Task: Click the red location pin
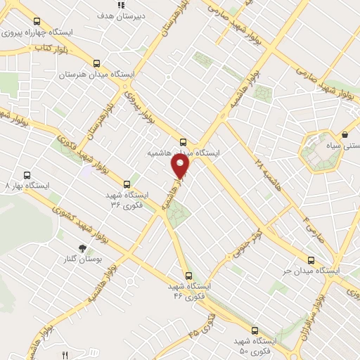click(181, 166)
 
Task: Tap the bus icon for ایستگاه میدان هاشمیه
click(184, 141)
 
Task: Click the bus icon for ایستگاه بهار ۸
click(27, 175)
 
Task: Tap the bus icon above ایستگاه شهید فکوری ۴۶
click(188, 276)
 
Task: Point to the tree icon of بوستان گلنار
click(82, 248)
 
